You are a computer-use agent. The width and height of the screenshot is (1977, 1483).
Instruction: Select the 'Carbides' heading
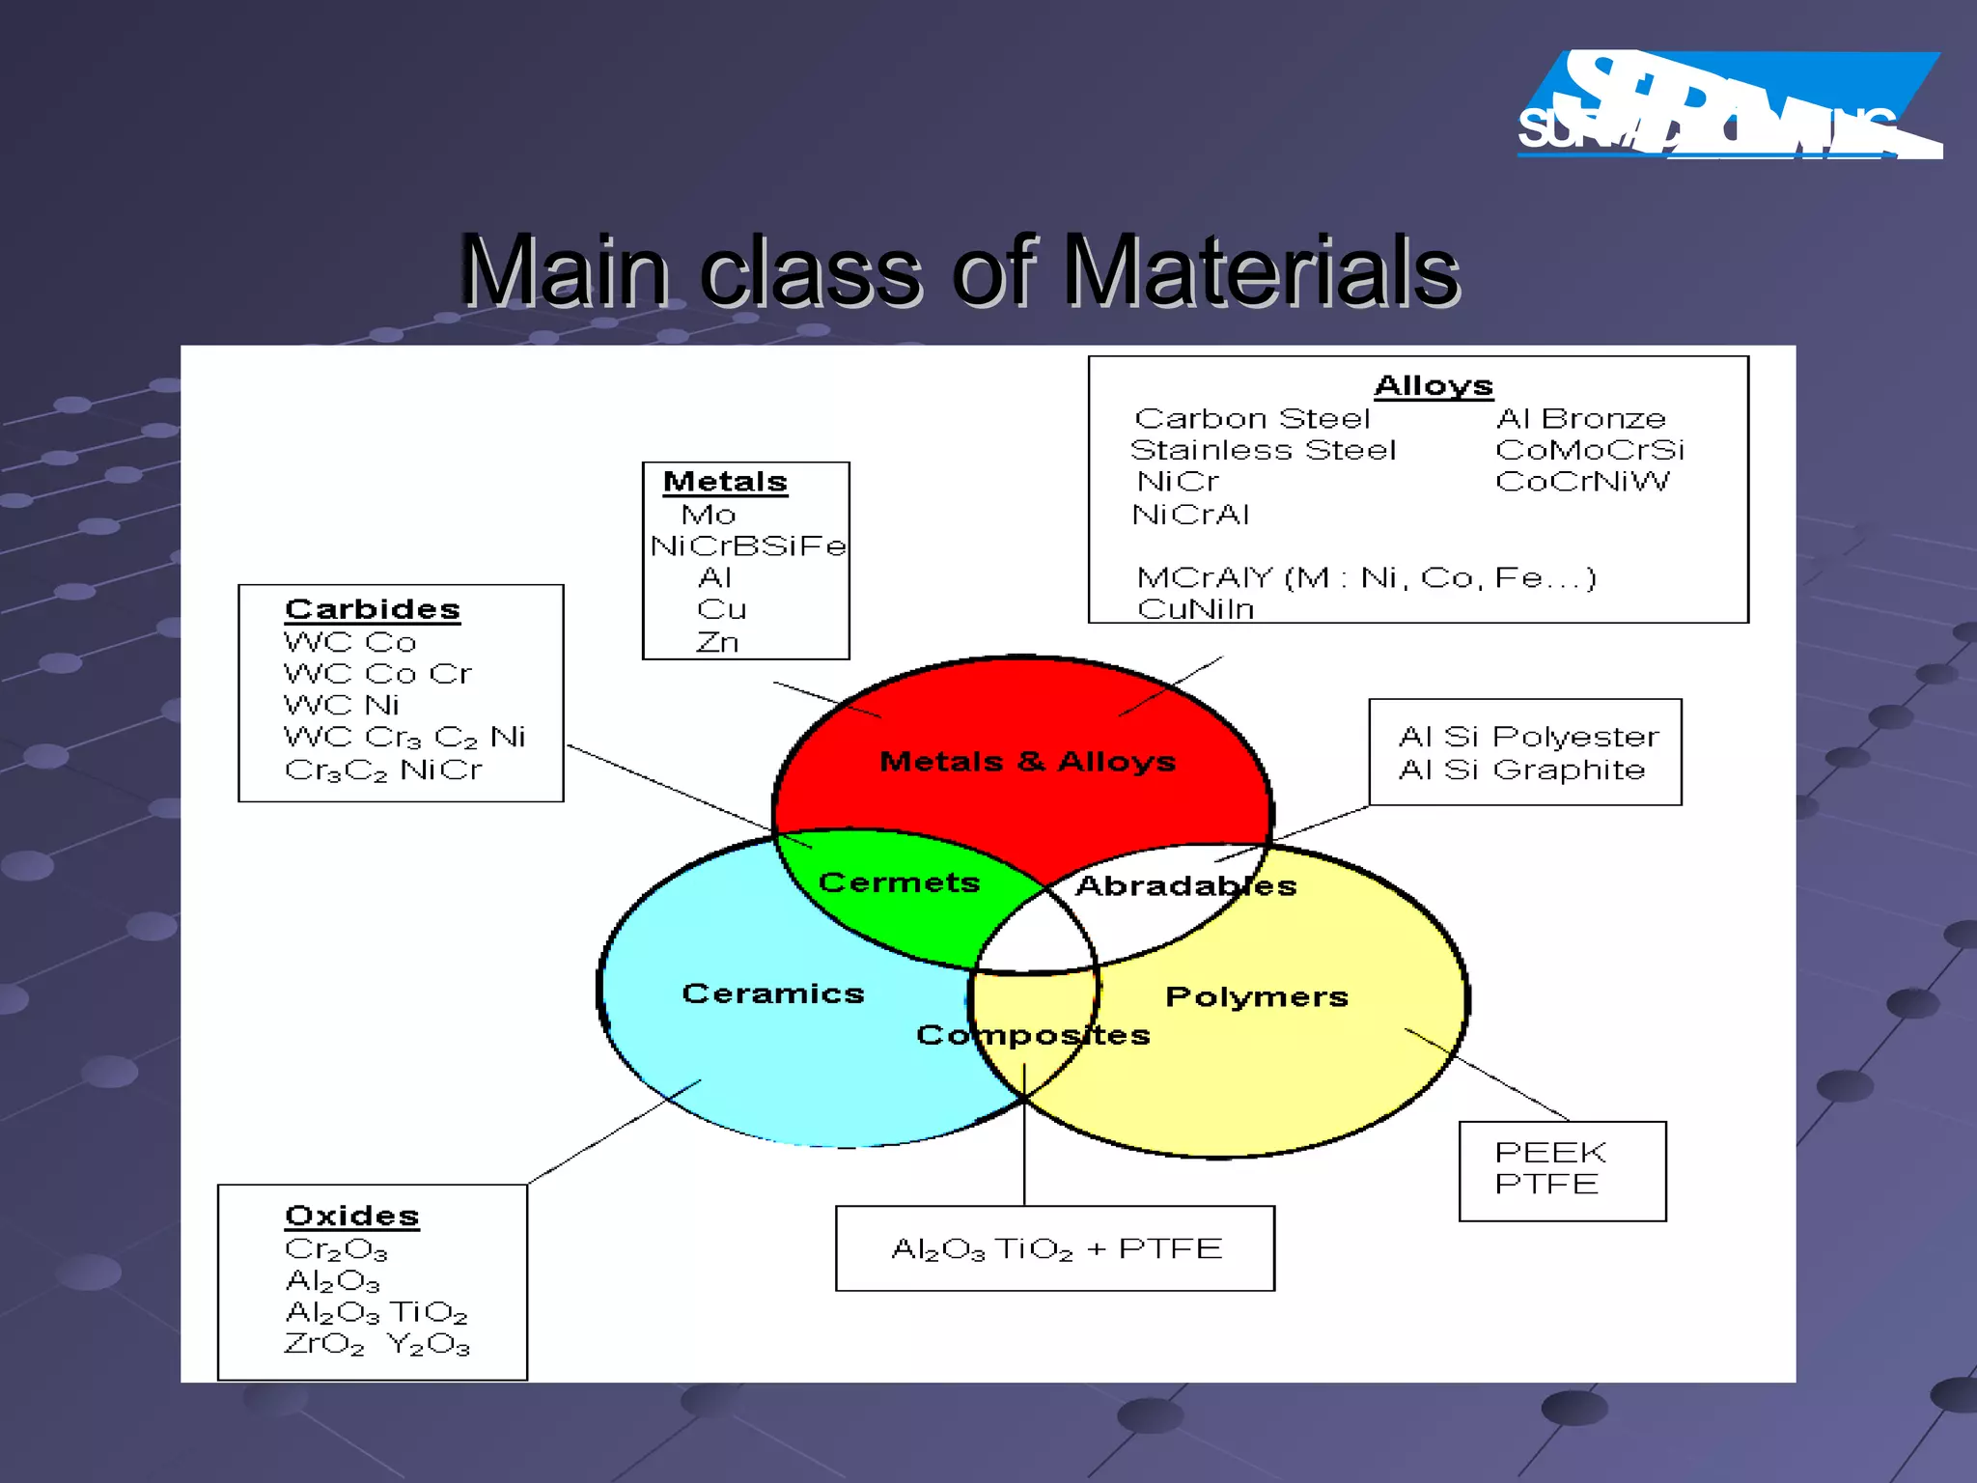[x=373, y=609]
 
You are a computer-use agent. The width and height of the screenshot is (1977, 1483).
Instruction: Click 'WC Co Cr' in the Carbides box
[x=377, y=673]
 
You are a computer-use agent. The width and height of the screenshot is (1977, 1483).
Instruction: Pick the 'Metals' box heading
[x=725, y=481]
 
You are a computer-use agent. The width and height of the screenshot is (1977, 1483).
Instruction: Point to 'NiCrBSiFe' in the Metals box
[x=748, y=546]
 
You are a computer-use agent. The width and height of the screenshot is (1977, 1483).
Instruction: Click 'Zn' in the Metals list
[x=717, y=642]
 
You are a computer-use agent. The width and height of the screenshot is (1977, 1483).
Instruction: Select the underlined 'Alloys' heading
[x=1434, y=385]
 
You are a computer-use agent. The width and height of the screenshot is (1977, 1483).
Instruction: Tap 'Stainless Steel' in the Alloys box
[x=1263, y=450]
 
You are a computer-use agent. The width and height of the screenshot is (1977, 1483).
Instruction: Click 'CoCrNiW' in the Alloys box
[x=1581, y=481]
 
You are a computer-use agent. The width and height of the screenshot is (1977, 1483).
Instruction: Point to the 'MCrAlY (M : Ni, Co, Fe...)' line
[x=1366, y=577]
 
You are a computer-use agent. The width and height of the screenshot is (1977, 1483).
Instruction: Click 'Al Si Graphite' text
[x=1521, y=769]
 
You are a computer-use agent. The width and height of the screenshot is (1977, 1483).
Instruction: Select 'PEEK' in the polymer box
[x=1550, y=1152]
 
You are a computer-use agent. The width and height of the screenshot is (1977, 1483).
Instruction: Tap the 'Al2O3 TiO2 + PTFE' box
[x=1055, y=1248]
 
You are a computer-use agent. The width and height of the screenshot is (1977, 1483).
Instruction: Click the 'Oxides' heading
[x=352, y=1216]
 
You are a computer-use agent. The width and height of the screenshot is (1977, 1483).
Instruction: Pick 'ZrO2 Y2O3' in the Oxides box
[x=376, y=1343]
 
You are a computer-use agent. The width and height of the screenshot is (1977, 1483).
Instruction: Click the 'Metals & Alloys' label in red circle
[x=1027, y=762]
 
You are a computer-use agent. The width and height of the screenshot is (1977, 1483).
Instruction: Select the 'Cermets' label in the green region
[x=899, y=882]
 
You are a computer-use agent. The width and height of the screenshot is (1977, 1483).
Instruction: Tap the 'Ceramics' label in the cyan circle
[x=773, y=993]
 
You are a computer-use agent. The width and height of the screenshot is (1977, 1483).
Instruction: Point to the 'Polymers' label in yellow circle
[x=1257, y=996]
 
